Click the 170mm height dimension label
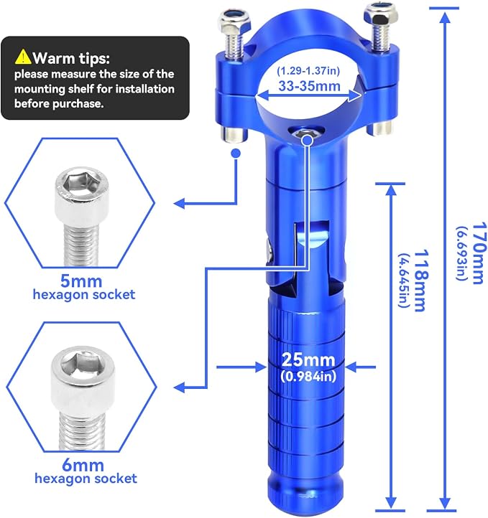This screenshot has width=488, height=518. coord(479,253)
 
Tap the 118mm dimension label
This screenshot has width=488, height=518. coord(421,281)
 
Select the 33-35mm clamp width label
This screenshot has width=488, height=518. coord(309,86)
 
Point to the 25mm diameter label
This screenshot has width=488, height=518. coord(308,359)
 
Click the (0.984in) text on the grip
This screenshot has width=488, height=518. coord(308,376)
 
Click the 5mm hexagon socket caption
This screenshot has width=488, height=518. coord(84,288)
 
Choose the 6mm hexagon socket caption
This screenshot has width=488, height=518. coord(86,471)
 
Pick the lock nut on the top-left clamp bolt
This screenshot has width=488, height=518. coord(233,20)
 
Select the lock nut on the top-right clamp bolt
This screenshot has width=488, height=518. coord(380,14)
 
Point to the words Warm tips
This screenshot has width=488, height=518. coord(71,58)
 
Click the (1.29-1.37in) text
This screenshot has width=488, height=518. coord(308,71)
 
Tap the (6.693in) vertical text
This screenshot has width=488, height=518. coord(462,253)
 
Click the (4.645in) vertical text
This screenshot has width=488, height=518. coord(403,281)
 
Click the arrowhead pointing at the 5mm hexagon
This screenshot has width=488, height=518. coord(180,203)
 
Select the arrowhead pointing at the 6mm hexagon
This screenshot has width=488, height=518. coord(180,387)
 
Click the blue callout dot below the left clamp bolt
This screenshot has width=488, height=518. coord(236,154)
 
